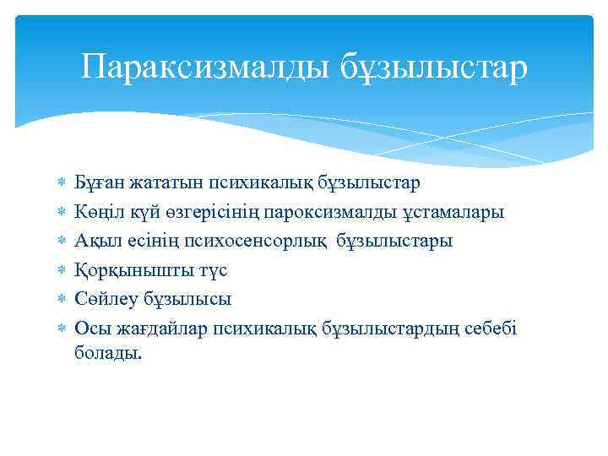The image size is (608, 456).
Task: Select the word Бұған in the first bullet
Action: pyautogui.click(x=97, y=183)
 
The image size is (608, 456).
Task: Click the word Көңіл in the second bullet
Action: pyautogui.click(x=97, y=212)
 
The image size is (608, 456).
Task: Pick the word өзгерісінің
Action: pyautogui.click(x=210, y=212)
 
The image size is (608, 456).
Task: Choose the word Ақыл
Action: pyautogui.click(x=94, y=241)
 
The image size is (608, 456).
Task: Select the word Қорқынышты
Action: pyautogui.click(x=126, y=270)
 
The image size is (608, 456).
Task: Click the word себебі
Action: pyautogui.click(x=488, y=328)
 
